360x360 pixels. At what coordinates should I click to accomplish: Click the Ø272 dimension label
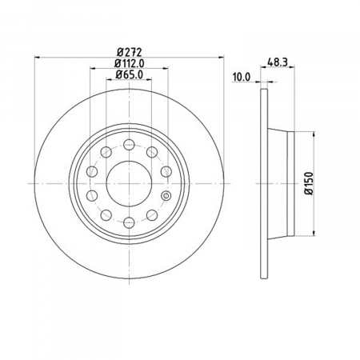tap(130, 52)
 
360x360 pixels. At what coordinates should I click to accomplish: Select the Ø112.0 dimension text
tap(130, 63)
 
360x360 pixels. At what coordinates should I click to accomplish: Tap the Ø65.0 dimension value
tap(130, 74)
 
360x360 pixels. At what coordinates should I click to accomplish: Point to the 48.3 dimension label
tap(278, 62)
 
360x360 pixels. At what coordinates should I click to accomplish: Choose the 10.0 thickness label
tap(242, 77)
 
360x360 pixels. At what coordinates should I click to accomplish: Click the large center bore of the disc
tap(129, 183)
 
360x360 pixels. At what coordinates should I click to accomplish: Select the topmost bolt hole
tap(129, 145)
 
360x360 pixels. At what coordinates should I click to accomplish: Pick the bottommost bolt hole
tap(129, 222)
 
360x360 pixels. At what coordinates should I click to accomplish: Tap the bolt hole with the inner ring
tap(166, 196)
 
